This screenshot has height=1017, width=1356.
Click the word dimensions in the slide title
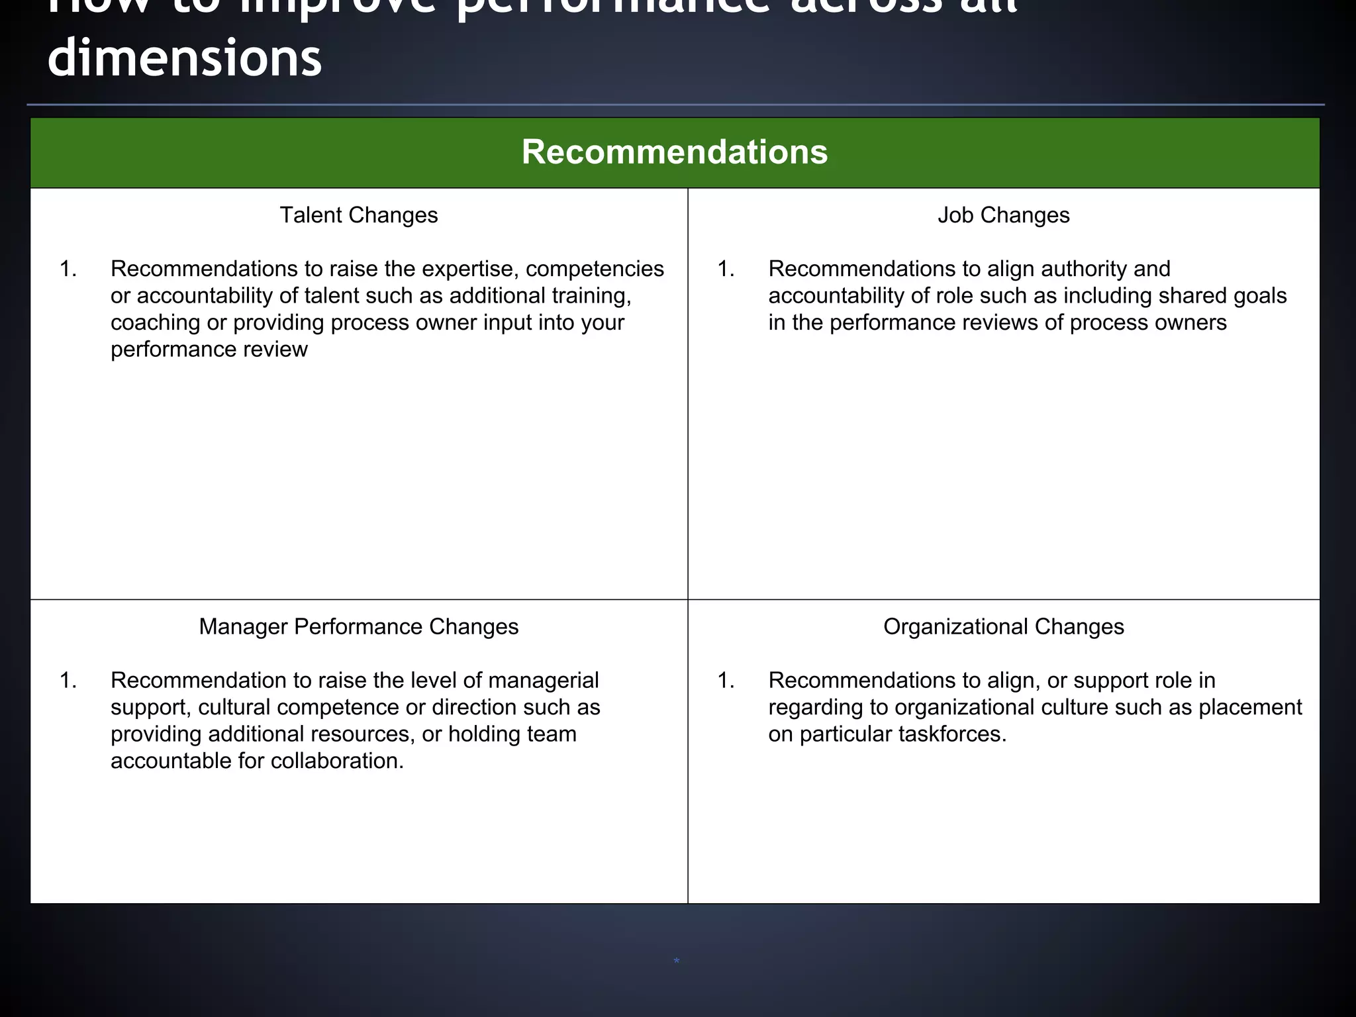(x=185, y=58)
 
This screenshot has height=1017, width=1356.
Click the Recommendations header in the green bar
(x=674, y=152)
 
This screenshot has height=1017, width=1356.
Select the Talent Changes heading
(x=358, y=215)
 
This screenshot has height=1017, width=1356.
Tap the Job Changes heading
(x=1003, y=215)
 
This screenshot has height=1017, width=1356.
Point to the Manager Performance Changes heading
(x=358, y=626)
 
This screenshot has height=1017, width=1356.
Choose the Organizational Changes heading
(x=1003, y=626)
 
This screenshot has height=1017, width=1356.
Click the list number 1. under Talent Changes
(x=68, y=269)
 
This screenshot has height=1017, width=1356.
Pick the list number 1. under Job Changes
(x=726, y=269)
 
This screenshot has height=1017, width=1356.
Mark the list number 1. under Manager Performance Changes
(x=68, y=680)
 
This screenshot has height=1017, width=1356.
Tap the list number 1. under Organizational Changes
(x=726, y=680)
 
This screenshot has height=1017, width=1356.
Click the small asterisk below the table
(x=676, y=961)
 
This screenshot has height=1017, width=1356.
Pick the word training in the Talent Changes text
(x=591, y=296)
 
